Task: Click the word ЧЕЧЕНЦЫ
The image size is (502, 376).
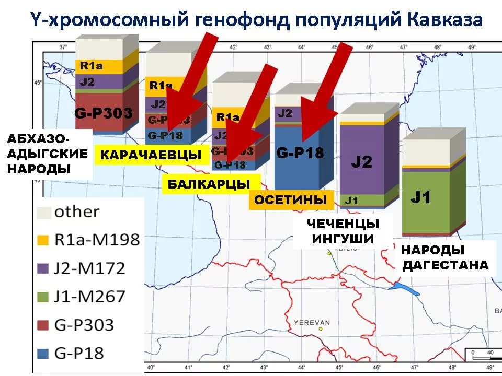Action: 343,224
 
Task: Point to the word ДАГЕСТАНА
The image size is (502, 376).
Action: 445,265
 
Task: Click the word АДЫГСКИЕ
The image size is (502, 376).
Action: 47,154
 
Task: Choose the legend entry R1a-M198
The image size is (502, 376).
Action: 97,240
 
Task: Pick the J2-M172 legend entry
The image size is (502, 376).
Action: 89,268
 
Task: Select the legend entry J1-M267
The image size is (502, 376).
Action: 89,296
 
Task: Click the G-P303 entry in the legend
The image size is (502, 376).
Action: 84,324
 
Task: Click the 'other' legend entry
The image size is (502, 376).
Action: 76,211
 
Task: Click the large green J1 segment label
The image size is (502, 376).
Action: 421,197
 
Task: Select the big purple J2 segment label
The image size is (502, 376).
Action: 361,161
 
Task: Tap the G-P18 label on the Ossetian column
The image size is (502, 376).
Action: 301,153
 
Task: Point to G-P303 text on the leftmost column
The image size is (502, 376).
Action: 104,112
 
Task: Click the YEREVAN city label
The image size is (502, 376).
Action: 312,322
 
